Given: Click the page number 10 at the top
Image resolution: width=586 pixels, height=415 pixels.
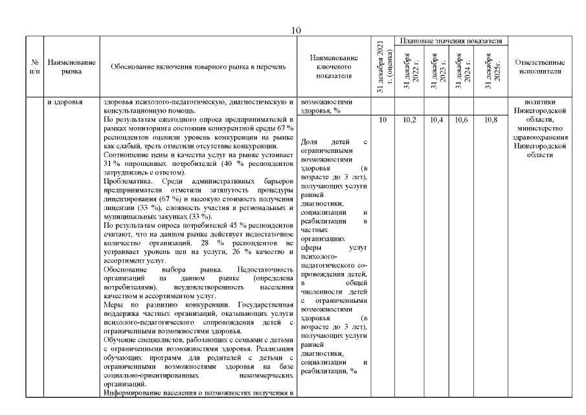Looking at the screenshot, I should coord(295,30).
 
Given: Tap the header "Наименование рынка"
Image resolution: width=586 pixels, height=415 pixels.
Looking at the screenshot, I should coord(72,66).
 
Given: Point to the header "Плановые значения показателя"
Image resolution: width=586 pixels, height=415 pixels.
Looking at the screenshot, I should coord(451,41).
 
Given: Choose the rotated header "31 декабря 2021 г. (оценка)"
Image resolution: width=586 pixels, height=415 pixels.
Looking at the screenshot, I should coord(382,67).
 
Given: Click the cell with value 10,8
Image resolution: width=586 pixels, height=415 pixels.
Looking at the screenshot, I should coord(490,121).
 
